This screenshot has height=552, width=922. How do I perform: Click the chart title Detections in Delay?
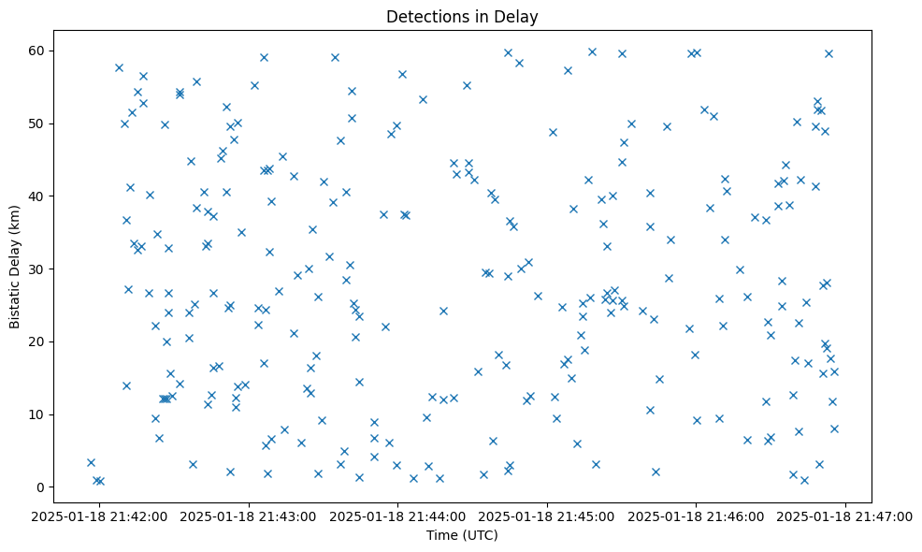pyautogui.click(x=462, y=17)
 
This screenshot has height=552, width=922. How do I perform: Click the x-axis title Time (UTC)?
pyautogui.click(x=462, y=535)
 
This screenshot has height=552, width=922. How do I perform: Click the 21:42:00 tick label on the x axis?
pyautogui.click(x=98, y=516)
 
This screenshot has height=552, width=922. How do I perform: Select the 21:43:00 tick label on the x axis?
pyautogui.click(x=248, y=516)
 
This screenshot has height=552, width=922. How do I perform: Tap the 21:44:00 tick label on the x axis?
pyautogui.click(x=397, y=516)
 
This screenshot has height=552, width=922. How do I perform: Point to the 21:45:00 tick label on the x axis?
pyautogui.click(x=547, y=516)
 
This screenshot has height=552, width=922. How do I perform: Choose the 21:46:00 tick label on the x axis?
pyautogui.click(x=697, y=516)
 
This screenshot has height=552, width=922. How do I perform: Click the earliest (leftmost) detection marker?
pyautogui.click(x=91, y=462)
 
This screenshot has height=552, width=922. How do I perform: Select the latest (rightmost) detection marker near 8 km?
pyautogui.click(x=834, y=429)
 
